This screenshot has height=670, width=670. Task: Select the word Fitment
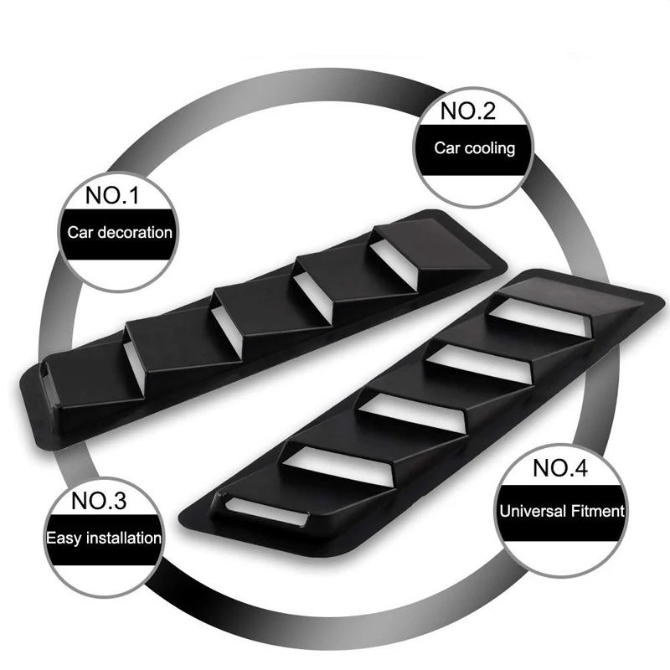click(x=595, y=508)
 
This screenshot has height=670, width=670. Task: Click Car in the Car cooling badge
click(x=446, y=148)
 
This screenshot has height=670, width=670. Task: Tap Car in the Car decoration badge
click(x=81, y=232)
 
